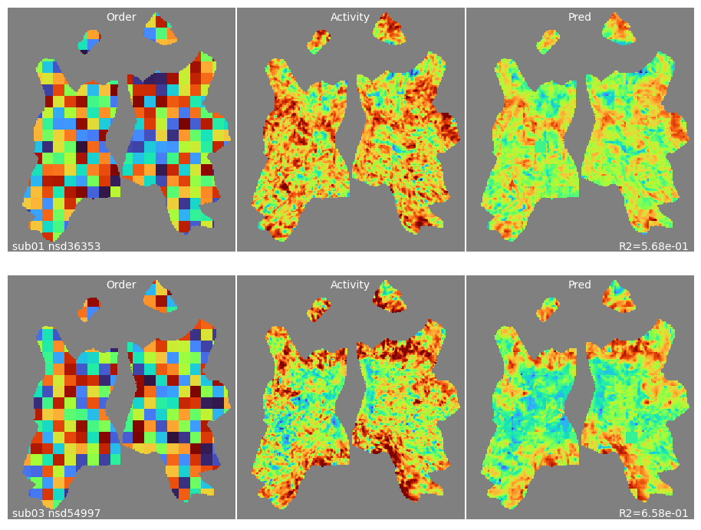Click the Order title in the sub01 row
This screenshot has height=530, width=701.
click(x=121, y=17)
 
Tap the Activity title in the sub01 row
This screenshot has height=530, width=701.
click(x=350, y=17)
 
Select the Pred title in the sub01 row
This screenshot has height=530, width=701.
click(x=580, y=17)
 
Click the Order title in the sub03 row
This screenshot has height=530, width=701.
click(x=121, y=285)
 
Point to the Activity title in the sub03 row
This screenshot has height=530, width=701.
click(x=350, y=285)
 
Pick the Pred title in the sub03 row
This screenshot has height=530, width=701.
click(x=580, y=285)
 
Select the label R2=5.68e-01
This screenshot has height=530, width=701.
click(x=653, y=246)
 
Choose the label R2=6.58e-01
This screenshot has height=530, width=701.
click(x=653, y=513)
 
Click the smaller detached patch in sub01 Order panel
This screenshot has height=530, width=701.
click(x=90, y=41)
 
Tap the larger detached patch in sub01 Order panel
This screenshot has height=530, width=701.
click(x=160, y=28)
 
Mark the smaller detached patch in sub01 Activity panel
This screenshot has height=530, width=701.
click(x=319, y=41)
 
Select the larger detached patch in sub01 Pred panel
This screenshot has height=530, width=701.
click(x=618, y=28)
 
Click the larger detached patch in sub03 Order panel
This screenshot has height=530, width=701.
click(x=160, y=296)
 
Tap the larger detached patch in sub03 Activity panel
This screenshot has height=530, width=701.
click(x=389, y=296)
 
